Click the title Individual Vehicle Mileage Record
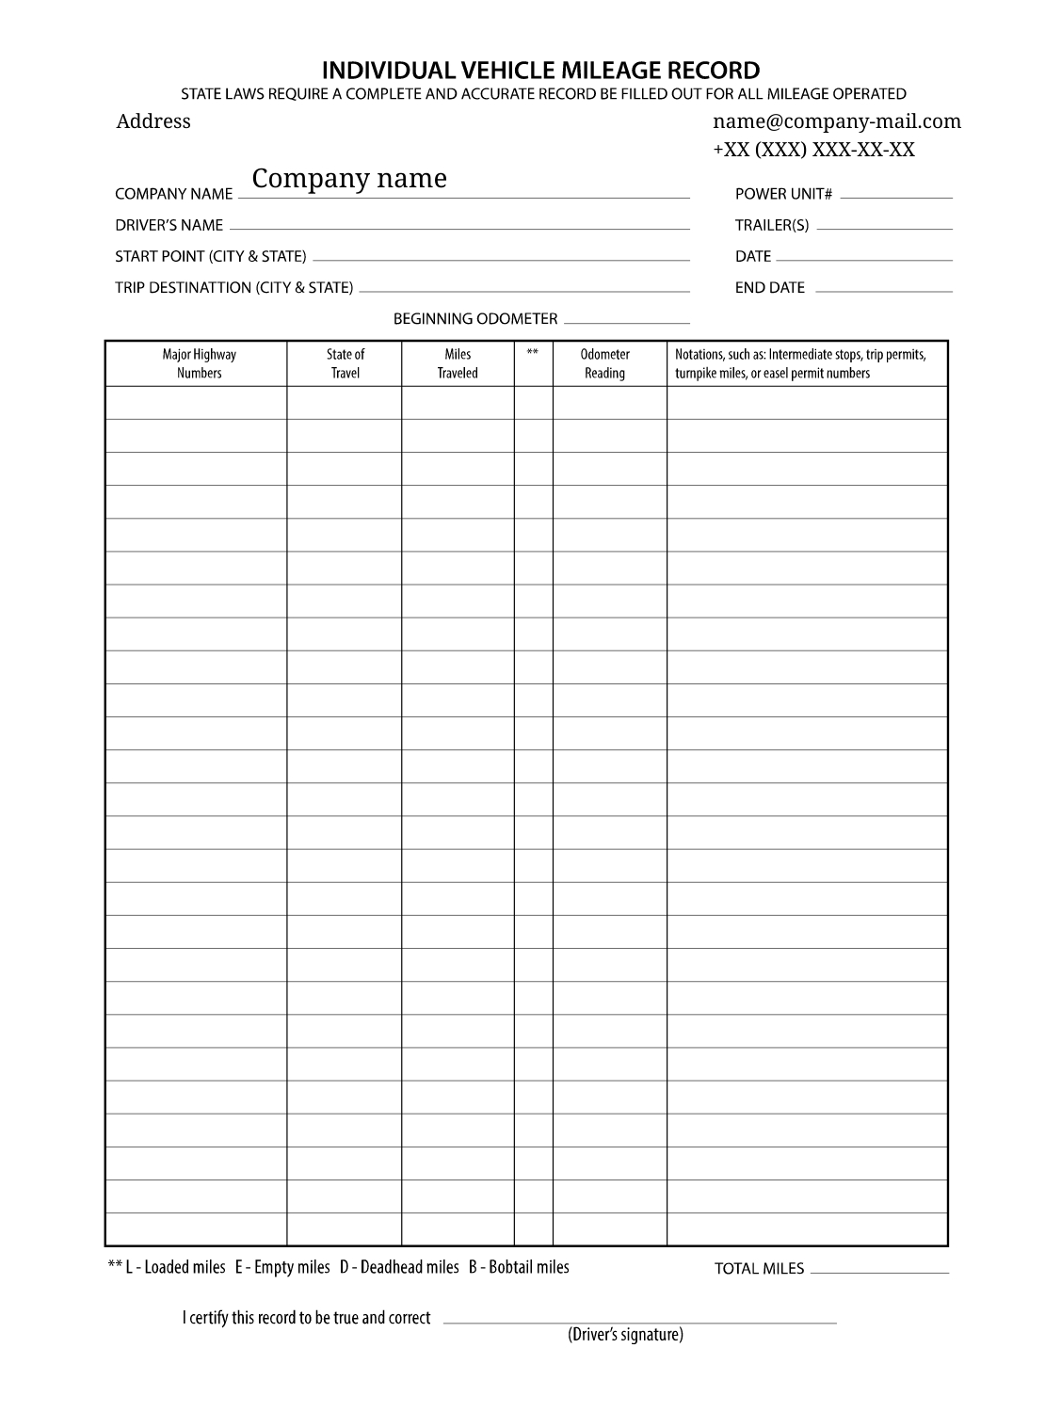tap(540, 71)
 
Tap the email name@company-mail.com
tap(837, 121)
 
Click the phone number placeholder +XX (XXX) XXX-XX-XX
tap(813, 150)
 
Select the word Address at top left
tap(153, 121)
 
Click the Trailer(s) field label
tap(771, 226)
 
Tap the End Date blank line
tap(883, 290)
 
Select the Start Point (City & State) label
tap(210, 257)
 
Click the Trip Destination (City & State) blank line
tap(524, 290)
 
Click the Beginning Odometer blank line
tap(626, 321)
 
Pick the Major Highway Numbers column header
tap(199, 364)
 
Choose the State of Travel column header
tap(345, 364)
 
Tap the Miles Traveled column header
tap(458, 364)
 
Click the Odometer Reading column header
tap(604, 364)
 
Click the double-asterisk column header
tap(533, 354)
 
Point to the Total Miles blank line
tap(879, 1272)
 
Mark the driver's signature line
tap(639, 1322)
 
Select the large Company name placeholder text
tap(349, 179)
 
